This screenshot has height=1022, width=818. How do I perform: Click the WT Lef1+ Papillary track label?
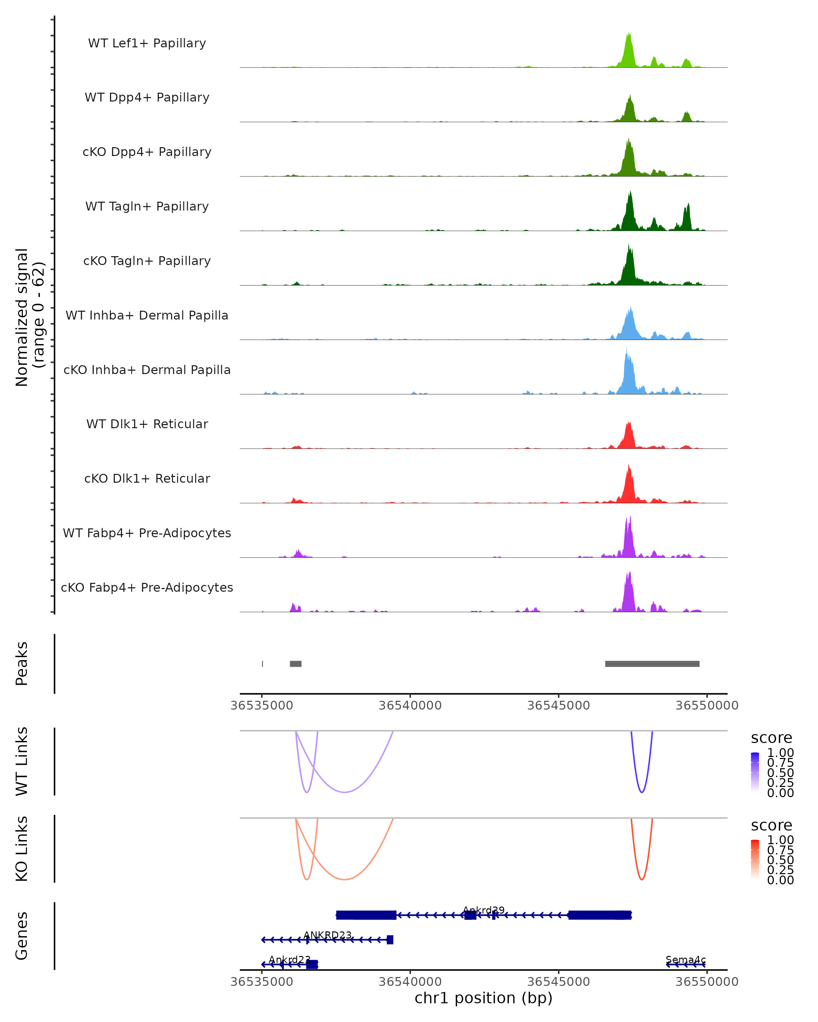[147, 43]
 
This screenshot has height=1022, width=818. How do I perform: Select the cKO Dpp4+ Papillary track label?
[147, 152]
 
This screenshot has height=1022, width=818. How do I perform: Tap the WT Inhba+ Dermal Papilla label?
[147, 316]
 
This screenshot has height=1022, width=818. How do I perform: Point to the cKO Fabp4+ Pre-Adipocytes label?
[147, 588]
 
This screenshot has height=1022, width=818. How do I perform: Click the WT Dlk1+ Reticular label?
[147, 424]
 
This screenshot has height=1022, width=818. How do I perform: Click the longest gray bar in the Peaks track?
[652, 664]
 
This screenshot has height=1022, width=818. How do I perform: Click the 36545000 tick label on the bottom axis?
[559, 982]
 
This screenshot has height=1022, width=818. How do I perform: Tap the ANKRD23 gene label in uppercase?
[328, 935]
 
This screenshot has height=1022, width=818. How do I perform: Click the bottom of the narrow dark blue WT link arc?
[641, 792]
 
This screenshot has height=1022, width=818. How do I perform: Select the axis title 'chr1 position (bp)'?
[483, 998]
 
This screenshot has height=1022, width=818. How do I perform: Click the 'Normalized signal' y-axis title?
[21, 317]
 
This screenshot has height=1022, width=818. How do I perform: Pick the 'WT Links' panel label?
[22, 761]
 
